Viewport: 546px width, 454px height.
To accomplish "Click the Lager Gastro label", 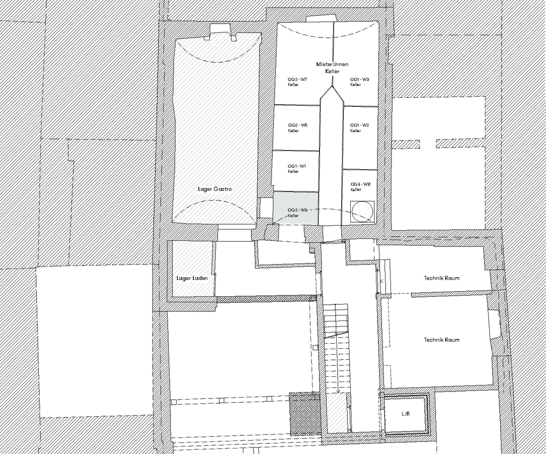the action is pyautogui.click(x=214, y=189).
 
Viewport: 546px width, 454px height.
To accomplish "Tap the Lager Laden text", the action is pyautogui.click(x=192, y=278).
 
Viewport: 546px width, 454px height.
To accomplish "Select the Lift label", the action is pyautogui.click(x=406, y=414).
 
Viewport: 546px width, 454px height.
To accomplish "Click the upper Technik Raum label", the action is pyautogui.click(x=441, y=278).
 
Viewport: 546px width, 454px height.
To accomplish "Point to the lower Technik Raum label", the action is pyautogui.click(x=441, y=340).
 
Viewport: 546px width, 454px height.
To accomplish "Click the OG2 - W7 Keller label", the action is pyautogui.click(x=297, y=82).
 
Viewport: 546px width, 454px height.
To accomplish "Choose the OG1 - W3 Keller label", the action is pyautogui.click(x=360, y=82).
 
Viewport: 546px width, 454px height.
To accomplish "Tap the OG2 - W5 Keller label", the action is pyautogui.click(x=298, y=128).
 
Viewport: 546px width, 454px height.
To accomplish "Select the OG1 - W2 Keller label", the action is pyautogui.click(x=360, y=128).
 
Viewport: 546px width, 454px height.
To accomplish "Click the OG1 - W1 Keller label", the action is pyautogui.click(x=297, y=169).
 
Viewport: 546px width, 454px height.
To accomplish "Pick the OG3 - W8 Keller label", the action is pyautogui.click(x=360, y=186).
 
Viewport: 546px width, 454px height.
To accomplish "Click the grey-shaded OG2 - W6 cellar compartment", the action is pyautogui.click(x=295, y=208).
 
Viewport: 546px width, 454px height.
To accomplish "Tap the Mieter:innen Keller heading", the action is pyautogui.click(x=332, y=68).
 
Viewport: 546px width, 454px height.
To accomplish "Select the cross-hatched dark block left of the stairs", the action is pyautogui.click(x=304, y=414).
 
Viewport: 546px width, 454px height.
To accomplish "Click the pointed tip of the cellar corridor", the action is pyautogui.click(x=332, y=86).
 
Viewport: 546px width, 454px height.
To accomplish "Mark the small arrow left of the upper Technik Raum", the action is pyautogui.click(x=381, y=281).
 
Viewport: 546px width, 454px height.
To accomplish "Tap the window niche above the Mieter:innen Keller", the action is pyautogui.click(x=322, y=19).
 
